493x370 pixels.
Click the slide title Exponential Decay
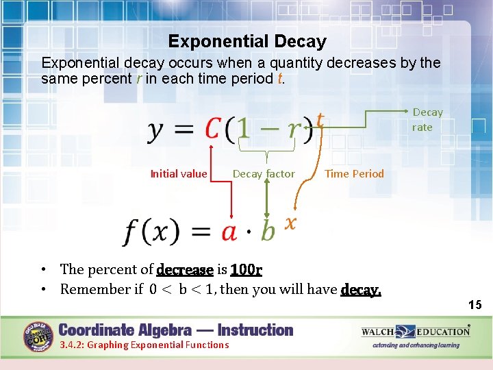point(247,42)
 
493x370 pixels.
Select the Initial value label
point(178,174)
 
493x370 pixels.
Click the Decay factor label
point(264,174)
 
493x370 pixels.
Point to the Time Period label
point(354,174)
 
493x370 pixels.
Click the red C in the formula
point(213,129)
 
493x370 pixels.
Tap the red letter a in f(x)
point(229,232)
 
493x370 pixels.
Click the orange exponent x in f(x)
point(290,222)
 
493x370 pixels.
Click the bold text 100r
point(246,269)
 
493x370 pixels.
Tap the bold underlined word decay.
point(360,289)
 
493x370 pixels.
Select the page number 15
point(475,305)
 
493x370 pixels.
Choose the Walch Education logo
point(416,332)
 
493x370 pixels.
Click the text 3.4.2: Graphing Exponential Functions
point(144,345)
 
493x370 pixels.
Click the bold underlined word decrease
point(185,269)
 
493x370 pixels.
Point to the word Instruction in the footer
point(255,330)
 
